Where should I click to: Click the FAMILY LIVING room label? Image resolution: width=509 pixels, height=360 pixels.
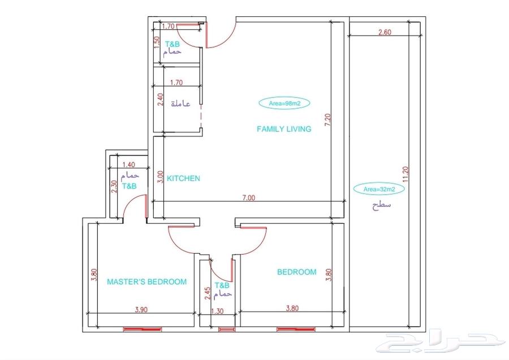coord(284,129)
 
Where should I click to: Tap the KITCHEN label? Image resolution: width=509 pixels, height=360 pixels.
coord(183,178)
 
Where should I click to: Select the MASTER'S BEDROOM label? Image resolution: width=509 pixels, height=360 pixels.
coord(146,282)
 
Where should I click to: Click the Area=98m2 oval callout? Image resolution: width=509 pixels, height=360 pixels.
coord(284,104)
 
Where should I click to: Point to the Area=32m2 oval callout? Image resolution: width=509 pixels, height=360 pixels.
coord(379,188)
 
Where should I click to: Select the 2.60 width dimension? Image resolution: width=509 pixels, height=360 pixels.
coord(385,32)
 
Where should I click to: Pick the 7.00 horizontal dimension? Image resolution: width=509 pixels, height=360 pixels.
coord(249,198)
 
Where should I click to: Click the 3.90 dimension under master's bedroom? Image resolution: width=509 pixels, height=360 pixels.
coord(141,310)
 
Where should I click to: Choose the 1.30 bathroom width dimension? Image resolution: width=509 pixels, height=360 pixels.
coord(217,311)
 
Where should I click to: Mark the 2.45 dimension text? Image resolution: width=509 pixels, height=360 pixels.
coord(208,293)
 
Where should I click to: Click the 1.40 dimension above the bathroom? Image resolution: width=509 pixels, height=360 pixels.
coord(129,165)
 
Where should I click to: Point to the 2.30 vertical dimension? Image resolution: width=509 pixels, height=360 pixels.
coord(114,187)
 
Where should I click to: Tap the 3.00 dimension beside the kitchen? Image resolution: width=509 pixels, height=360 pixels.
coord(160,177)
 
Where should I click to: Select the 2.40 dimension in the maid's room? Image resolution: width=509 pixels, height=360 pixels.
coord(160,100)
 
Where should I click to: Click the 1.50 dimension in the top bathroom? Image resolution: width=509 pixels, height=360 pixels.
coord(157,42)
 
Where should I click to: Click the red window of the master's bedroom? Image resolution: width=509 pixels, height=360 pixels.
coord(142,329)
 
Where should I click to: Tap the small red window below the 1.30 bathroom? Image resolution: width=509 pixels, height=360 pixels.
coord(227,329)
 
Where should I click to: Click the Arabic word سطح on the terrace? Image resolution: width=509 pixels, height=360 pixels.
coord(381,205)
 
